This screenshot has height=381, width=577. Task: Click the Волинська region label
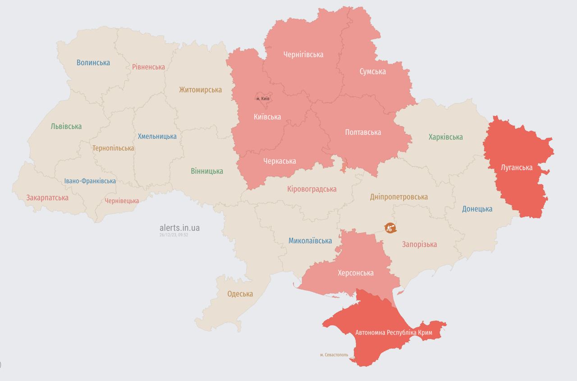[x=93, y=63]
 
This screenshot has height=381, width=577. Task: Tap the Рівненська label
[x=148, y=67]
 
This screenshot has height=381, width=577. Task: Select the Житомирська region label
[x=200, y=90]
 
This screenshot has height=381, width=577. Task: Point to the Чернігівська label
[x=303, y=54]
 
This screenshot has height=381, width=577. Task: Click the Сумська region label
[x=372, y=71]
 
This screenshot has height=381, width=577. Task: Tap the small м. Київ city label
[x=263, y=99]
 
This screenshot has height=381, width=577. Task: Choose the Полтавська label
[x=362, y=132]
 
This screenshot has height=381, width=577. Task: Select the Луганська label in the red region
[x=517, y=168]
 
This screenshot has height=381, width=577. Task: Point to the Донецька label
[x=477, y=209]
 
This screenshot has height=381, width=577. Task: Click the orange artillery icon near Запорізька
[x=390, y=228]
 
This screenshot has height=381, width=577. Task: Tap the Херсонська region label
[x=356, y=273]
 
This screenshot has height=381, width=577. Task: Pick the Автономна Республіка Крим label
[x=394, y=332]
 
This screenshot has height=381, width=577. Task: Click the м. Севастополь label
[x=334, y=355]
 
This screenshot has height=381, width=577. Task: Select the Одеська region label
[x=240, y=294]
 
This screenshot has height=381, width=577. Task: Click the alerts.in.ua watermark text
[x=179, y=228]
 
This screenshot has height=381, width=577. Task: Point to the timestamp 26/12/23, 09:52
[x=174, y=235]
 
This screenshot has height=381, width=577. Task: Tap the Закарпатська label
[x=47, y=198]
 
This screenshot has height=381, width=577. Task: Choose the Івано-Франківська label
[x=90, y=181]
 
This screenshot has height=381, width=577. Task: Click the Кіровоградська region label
[x=311, y=189]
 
